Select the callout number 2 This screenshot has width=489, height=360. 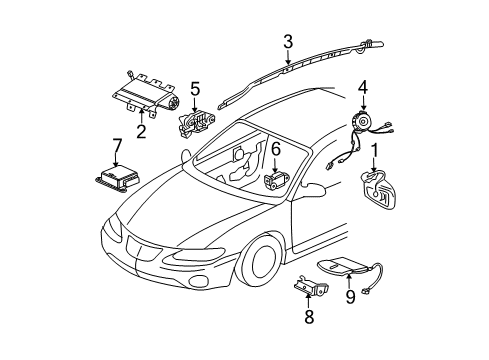(x=141, y=130)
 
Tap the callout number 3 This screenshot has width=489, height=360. (x=287, y=42)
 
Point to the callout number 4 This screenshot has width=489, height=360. (x=363, y=87)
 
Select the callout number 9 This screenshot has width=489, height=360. (x=350, y=296)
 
